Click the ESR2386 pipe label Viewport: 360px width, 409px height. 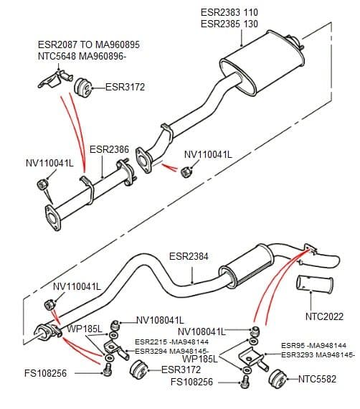pos(109,150)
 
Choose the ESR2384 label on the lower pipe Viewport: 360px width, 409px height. pos(189,255)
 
